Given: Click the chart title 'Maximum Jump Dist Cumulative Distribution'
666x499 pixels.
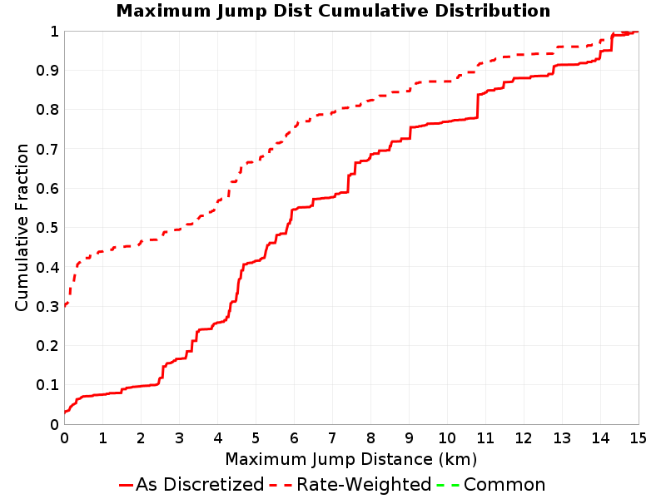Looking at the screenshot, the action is pyautogui.click(x=334, y=11).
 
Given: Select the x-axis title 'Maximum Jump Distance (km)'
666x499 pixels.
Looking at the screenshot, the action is pyautogui.click(x=351, y=459).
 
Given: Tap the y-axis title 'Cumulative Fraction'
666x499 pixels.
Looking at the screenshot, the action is pyautogui.click(x=22, y=227).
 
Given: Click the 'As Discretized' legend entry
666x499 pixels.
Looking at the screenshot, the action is pyautogui.click(x=191, y=484).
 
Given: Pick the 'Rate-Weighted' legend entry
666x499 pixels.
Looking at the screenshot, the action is pyautogui.click(x=350, y=484).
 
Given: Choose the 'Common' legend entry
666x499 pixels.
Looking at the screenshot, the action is pyautogui.click(x=491, y=484).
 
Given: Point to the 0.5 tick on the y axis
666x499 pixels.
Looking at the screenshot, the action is pyautogui.click(x=47, y=228).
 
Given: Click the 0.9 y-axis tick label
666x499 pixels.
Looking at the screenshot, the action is pyautogui.click(x=47, y=71).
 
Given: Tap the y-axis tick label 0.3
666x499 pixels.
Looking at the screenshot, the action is pyautogui.click(x=47, y=306).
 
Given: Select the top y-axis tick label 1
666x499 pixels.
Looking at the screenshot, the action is pyautogui.click(x=54, y=32).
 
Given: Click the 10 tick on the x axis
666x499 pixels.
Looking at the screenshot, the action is pyautogui.click(x=447, y=437).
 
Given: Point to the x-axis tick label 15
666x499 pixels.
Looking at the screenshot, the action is pyautogui.click(x=638, y=437).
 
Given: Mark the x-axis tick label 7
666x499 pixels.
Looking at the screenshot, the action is pyautogui.click(x=332, y=437).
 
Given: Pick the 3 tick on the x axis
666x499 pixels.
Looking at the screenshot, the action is pyautogui.click(x=179, y=437).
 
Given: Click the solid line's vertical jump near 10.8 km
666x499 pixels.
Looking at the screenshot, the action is pyautogui.click(x=477, y=106).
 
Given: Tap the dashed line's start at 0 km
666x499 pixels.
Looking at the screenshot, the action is pyautogui.click(x=65, y=305).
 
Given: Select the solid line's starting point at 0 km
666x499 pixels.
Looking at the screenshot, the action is pyautogui.click(x=65, y=412).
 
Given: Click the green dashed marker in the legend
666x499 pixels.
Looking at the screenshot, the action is pyautogui.click(x=448, y=485).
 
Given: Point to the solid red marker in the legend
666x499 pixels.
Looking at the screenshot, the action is pyautogui.click(x=127, y=485).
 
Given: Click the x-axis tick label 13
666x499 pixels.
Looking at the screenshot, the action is pyautogui.click(x=561, y=437).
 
